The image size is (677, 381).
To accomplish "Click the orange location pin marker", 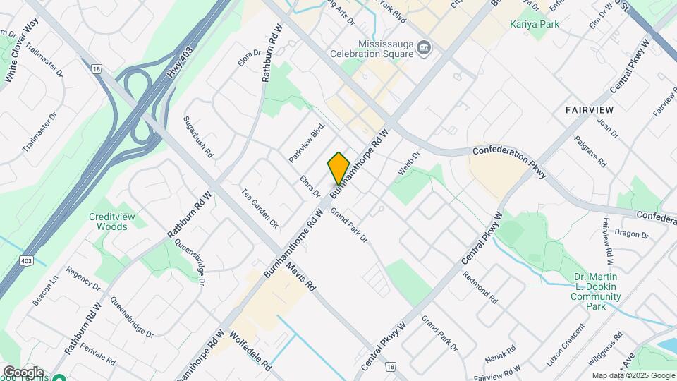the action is point(338,168).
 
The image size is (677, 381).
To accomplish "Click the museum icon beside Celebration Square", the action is point(425,48).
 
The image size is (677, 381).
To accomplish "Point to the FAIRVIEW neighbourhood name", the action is point(589,110).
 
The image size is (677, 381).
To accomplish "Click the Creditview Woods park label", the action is point(109,222).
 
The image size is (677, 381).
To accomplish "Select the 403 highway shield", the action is point(25,260).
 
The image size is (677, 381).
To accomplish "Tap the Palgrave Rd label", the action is point(590,150).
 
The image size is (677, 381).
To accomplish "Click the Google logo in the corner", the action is point(23,373).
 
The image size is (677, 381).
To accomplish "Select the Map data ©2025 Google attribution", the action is point(633,376).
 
